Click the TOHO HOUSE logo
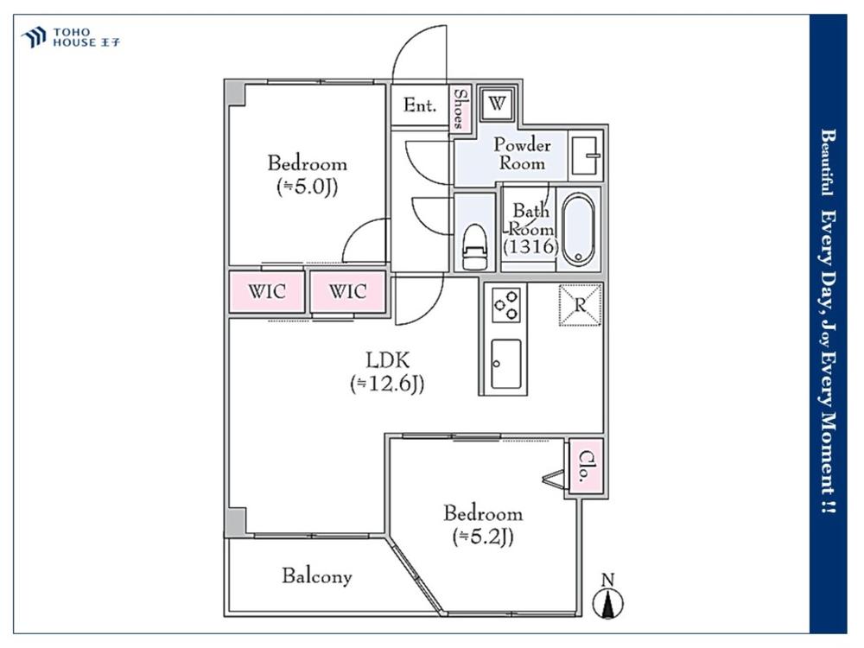pyautogui.click(x=70, y=36)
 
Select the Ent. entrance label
pyautogui.click(x=420, y=106)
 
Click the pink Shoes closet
pyautogui.click(x=461, y=107)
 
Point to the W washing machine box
pyautogui.click(x=496, y=105)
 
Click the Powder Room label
pyautogui.click(x=522, y=154)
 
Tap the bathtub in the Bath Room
pyautogui.click(x=577, y=228)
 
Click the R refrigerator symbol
pyautogui.click(x=581, y=304)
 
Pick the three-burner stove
pyautogui.click(x=506, y=305)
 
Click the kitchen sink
pyautogui.click(x=506, y=364)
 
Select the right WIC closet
pyautogui.click(x=347, y=291)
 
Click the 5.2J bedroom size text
pyautogui.click(x=483, y=537)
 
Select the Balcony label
pyautogui.click(x=316, y=576)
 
